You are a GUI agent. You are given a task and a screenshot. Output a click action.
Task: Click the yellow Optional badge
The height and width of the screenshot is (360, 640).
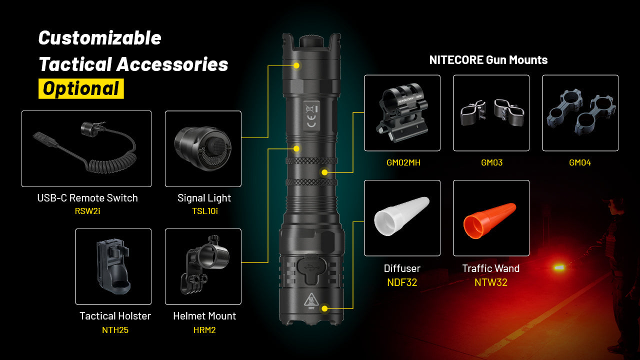pyautogui.click(x=81, y=88)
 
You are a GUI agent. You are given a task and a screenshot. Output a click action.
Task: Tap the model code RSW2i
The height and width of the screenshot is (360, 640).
pyautogui.click(x=87, y=211)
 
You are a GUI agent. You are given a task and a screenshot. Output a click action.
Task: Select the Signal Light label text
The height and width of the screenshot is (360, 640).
pyautogui.click(x=204, y=198)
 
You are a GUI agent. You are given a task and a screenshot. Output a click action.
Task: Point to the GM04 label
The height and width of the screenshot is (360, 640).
pyautogui.click(x=580, y=162)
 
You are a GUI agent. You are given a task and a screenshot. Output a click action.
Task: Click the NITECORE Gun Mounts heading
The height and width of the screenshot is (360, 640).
pyautogui.click(x=488, y=60)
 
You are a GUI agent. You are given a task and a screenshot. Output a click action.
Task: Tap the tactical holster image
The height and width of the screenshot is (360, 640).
pyautogui.click(x=113, y=267)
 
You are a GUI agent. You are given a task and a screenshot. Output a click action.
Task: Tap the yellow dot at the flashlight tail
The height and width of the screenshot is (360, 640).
pyautogui.click(x=325, y=308)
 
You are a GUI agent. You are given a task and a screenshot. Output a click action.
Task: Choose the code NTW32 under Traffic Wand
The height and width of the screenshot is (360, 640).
pyautogui.click(x=490, y=282)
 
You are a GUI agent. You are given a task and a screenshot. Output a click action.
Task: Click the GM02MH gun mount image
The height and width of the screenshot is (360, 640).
pyautogui.click(x=402, y=112)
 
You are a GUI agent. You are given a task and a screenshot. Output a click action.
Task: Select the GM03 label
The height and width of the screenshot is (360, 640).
pyautogui.click(x=491, y=162)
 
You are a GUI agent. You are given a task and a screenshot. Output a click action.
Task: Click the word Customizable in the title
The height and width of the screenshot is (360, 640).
pyautogui.click(x=100, y=38)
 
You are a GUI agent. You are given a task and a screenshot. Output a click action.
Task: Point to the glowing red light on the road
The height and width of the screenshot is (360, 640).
pyautogui.click(x=559, y=268)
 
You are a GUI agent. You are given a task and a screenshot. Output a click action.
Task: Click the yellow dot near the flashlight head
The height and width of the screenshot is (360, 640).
pyautogui.click(x=296, y=65)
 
